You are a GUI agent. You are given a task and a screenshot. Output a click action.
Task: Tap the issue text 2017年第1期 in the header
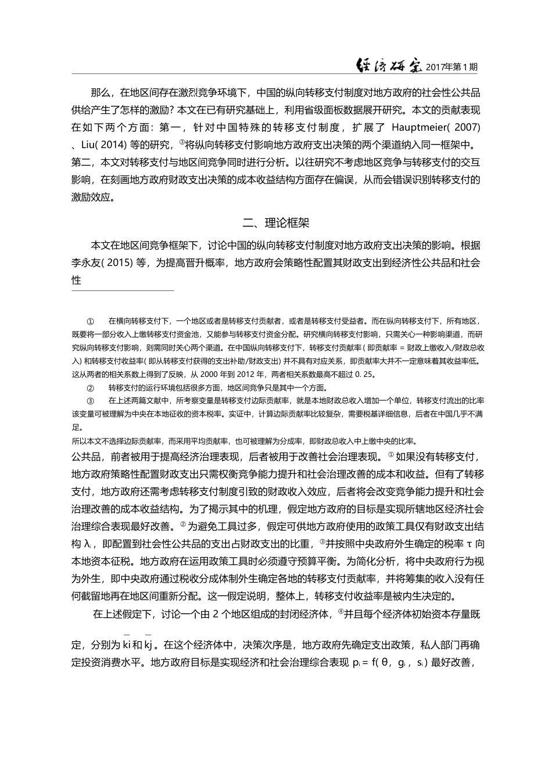[451, 67]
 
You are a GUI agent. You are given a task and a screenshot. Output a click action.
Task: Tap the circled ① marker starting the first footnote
[90, 321]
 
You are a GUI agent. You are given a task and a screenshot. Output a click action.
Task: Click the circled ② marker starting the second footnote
[90, 387]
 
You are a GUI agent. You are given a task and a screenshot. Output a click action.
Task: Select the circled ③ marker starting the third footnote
[90, 401]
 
